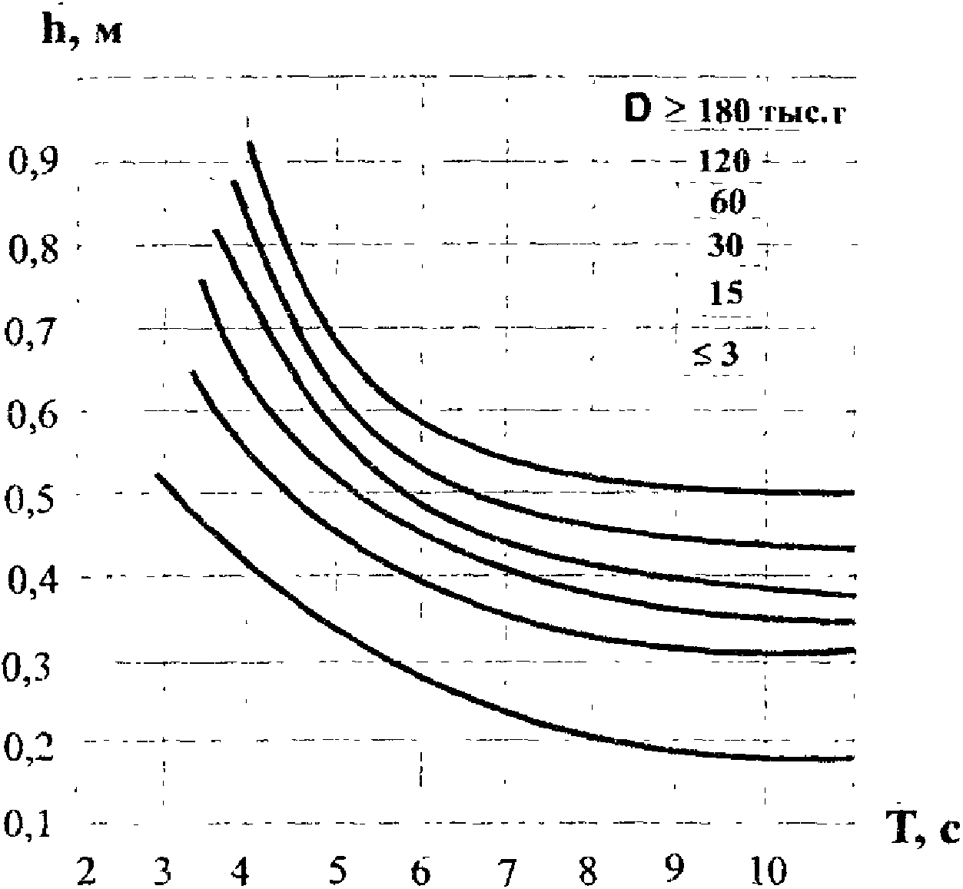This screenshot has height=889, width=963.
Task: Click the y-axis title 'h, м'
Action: [x=81, y=33]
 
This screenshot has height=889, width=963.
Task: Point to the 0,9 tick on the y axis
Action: [x=33, y=161]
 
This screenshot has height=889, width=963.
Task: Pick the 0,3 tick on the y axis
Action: [x=26, y=668]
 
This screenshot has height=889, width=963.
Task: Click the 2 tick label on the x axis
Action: [x=86, y=871]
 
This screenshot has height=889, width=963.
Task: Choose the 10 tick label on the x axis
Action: [x=769, y=871]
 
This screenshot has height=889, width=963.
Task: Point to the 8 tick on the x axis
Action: [x=588, y=871]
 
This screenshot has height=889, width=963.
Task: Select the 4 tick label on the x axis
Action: [x=240, y=871]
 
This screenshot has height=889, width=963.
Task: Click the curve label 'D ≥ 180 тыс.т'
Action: [x=735, y=112]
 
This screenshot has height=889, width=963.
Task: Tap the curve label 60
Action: [x=727, y=202]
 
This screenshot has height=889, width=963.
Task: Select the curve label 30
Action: [x=725, y=245]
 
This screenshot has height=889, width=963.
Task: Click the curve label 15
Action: [x=726, y=293]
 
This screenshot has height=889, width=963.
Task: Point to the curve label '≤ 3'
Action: [x=716, y=355]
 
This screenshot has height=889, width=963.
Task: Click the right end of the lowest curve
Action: [x=852, y=758]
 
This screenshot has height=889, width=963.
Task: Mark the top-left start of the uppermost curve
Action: [x=251, y=142]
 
